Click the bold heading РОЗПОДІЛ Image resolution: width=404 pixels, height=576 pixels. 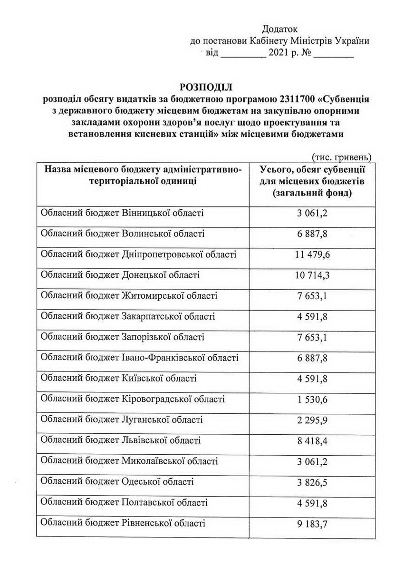coord(205,87)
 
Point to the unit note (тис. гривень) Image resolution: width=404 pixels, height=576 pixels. coord(341,157)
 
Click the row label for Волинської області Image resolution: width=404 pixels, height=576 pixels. coord(123,234)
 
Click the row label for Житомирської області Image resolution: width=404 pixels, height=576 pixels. coord(129,296)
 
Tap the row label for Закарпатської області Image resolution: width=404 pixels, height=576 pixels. coord(128,316)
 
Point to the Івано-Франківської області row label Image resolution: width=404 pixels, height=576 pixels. coord(140,358)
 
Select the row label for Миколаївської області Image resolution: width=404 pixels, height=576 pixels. coord(130,461)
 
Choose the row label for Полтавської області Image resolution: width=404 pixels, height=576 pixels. coord(124,502)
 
